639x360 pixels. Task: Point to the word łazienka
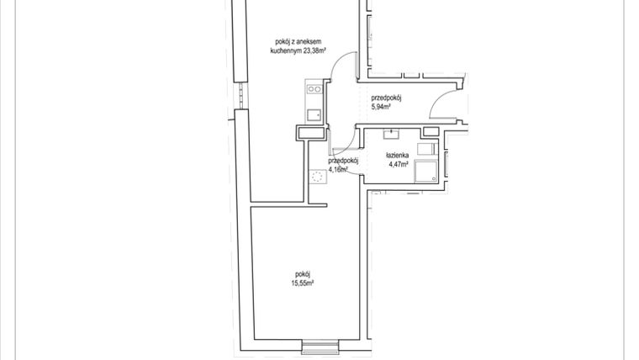point(397,156)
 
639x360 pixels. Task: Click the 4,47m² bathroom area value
point(398,164)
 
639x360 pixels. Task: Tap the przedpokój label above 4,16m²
point(344,160)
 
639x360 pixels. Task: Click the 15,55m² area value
point(304,284)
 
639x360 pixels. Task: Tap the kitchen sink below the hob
point(314,114)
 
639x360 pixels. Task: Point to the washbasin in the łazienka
point(393,133)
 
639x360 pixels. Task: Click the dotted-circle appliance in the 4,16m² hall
point(318,177)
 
